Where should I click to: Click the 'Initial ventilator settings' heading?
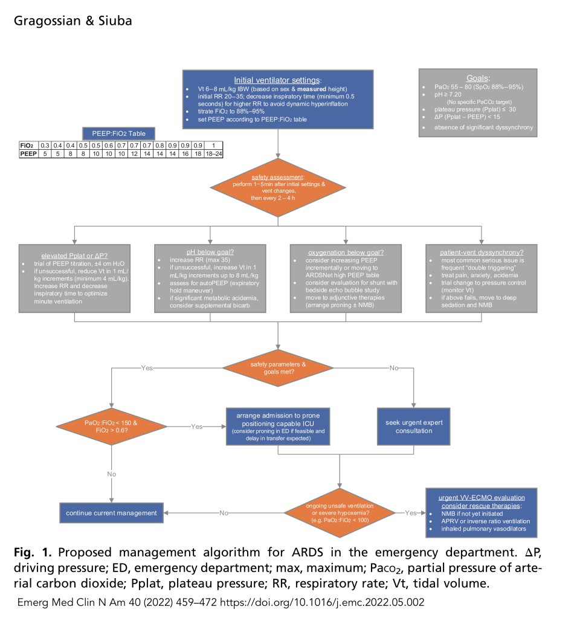[277, 80]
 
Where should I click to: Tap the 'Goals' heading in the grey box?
[478, 78]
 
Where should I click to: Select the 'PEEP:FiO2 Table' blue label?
[118, 134]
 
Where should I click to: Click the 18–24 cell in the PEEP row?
[213, 154]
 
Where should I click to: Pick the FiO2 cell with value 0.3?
[44, 146]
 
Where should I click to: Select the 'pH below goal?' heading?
[210, 252]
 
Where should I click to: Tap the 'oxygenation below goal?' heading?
[346, 252]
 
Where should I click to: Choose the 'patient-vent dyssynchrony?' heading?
[481, 252]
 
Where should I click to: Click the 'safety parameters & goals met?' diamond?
[279, 368]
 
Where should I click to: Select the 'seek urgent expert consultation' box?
[414, 426]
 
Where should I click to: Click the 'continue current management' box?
[111, 513]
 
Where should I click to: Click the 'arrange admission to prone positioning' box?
[278, 426]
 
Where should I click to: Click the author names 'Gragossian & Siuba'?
[73, 21]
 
